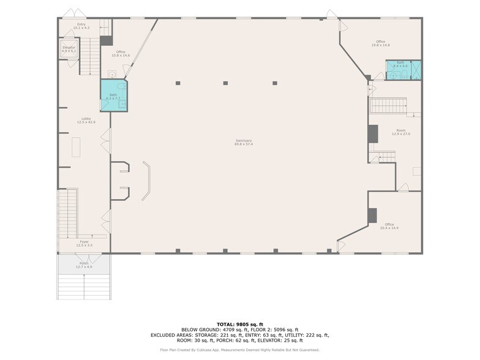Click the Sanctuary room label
click(x=243, y=142)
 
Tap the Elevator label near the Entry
click(x=69, y=48)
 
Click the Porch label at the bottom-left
click(x=84, y=265)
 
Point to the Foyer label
click(x=84, y=243)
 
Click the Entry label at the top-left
click(x=81, y=26)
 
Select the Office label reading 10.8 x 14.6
click(x=121, y=53)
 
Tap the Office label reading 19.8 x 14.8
click(x=383, y=43)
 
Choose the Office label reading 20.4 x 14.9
click(x=389, y=226)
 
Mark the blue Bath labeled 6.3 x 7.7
click(x=113, y=96)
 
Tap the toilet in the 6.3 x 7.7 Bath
click(x=122, y=104)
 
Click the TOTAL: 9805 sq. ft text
click(x=239, y=324)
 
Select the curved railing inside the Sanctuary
click(x=148, y=180)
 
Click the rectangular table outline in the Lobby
click(x=76, y=148)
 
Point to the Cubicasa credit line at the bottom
click(x=239, y=350)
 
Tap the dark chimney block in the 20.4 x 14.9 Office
click(x=372, y=216)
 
